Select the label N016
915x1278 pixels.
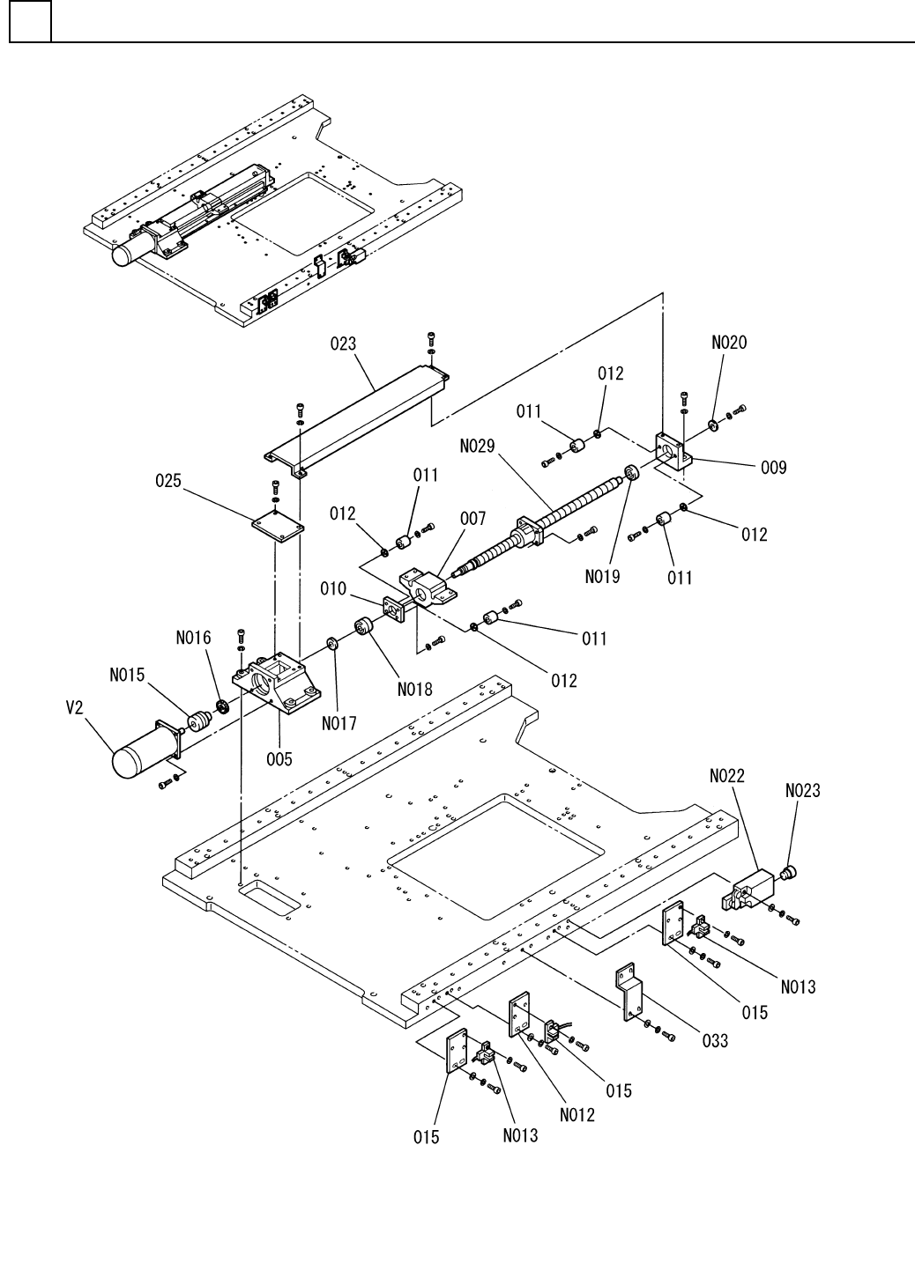coord(194,638)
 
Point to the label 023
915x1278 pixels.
coord(343,344)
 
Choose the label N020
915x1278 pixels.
coord(728,344)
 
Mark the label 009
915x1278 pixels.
coord(773,468)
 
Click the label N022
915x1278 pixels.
coord(727,776)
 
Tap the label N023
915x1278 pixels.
coord(802,791)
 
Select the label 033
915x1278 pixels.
coord(715,1040)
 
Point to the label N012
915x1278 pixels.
coord(577,1114)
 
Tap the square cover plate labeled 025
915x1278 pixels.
coord(277,526)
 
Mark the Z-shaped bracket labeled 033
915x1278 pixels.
coord(629,992)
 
